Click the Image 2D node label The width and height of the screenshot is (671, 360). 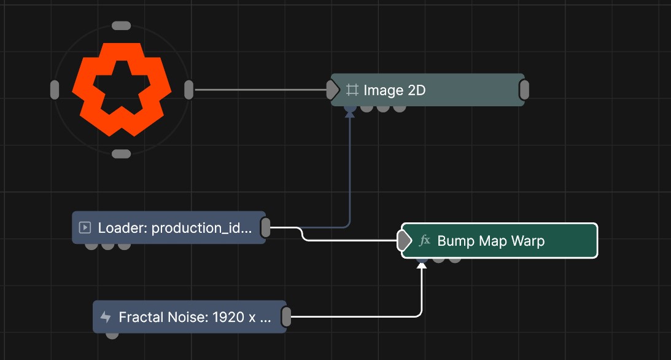(x=394, y=90)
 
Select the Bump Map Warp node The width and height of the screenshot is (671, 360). (x=499, y=241)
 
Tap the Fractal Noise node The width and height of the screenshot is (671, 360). (x=190, y=317)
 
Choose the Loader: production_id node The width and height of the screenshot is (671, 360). (x=169, y=227)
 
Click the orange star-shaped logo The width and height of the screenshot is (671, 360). (x=122, y=89)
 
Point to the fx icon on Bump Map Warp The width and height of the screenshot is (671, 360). (x=424, y=241)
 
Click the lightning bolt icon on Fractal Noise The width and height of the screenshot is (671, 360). (x=105, y=317)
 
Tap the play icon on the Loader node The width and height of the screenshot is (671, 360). (x=85, y=227)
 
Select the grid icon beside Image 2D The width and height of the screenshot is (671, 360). (x=352, y=90)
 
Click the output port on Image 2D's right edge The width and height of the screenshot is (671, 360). (x=524, y=90)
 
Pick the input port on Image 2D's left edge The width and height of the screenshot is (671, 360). (x=333, y=90)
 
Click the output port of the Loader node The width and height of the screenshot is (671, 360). (x=266, y=227)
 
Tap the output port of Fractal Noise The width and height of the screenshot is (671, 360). (x=286, y=317)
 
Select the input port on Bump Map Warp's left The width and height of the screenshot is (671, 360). (x=404, y=241)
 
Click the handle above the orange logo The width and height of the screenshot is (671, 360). (x=122, y=26)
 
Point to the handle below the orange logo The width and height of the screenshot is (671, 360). (x=122, y=154)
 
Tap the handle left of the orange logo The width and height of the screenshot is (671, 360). (x=55, y=90)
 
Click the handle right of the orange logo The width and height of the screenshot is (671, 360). (x=188, y=90)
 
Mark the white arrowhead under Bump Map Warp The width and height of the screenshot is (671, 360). (x=422, y=266)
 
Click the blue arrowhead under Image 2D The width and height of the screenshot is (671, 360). (x=350, y=114)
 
